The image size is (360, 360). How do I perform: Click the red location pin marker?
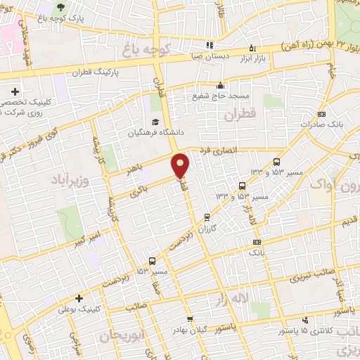181,166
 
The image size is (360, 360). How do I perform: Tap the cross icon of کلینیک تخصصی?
15,91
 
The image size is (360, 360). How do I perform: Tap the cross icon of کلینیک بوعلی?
79,298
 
